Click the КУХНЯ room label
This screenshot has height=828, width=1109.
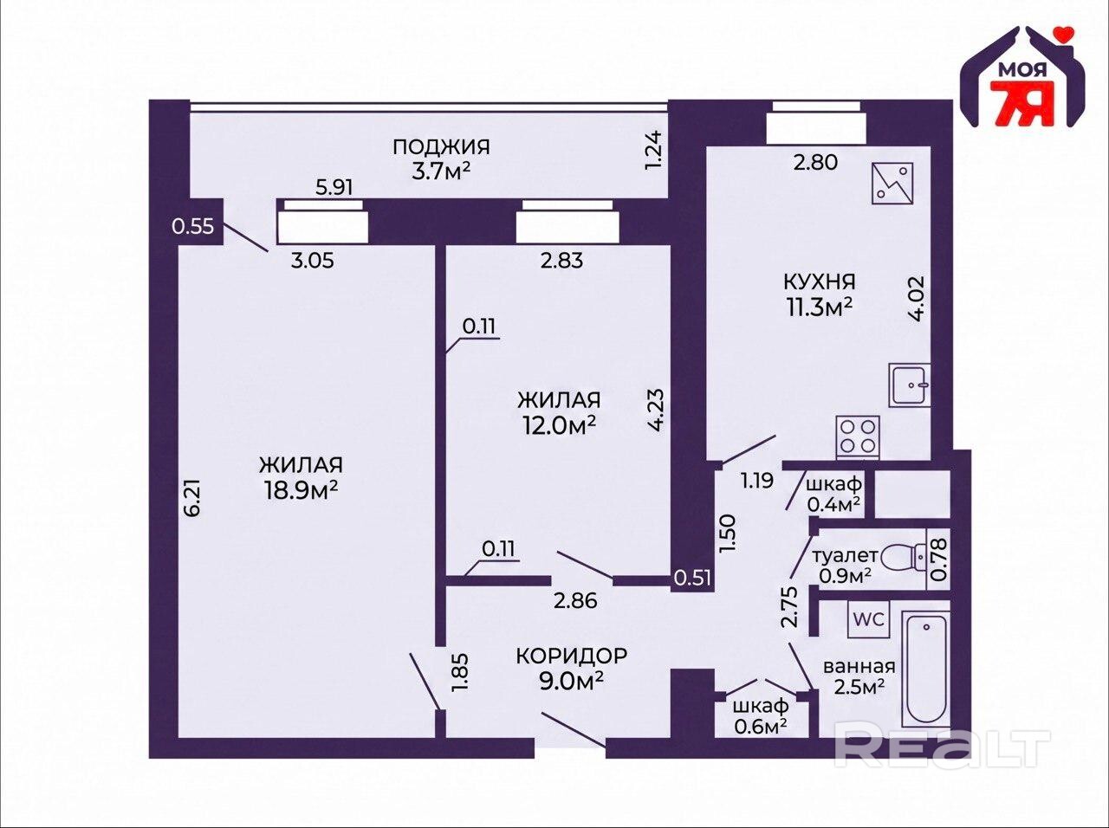point(819,281)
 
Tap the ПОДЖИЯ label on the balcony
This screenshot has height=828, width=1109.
point(441,147)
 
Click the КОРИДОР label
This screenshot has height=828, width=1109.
point(572,656)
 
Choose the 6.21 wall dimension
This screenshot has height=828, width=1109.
point(193,498)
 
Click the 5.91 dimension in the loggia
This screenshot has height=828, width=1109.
point(334,187)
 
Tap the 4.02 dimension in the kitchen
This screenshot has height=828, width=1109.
point(916,298)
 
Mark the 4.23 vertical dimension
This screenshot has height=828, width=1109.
point(655,410)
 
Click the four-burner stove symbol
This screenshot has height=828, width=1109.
point(858,437)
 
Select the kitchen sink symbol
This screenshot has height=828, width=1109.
point(910,385)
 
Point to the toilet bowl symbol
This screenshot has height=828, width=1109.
point(904,559)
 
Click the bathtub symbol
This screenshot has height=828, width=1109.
point(925,669)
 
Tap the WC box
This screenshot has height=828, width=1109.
point(868,619)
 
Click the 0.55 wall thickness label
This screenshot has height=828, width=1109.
point(193,226)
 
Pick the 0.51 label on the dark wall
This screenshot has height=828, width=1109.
point(692,578)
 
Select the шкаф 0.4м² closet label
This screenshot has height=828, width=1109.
point(833,494)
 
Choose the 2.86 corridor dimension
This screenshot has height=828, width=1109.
point(575,601)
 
